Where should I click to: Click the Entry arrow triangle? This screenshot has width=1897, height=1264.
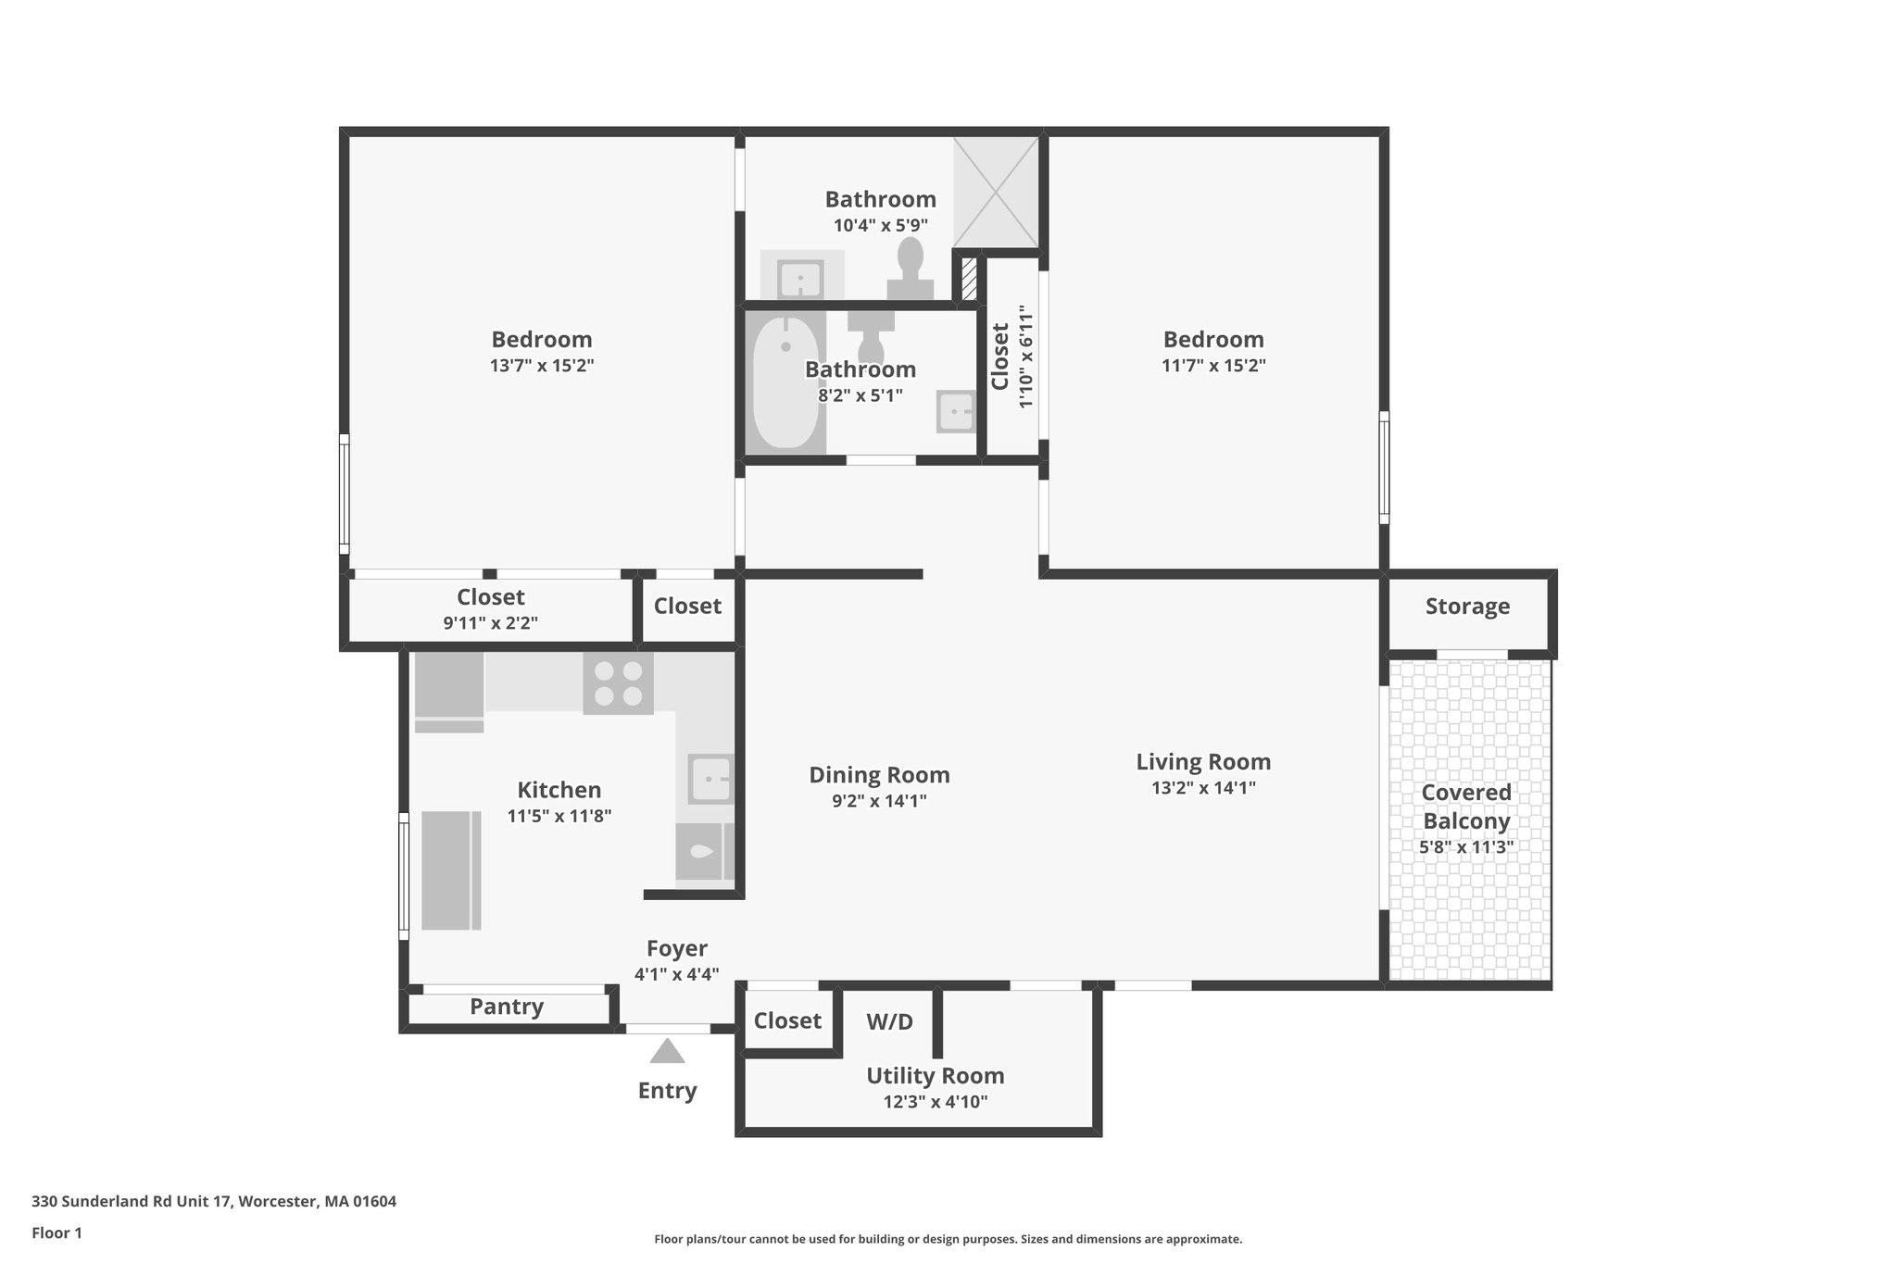(x=667, y=1051)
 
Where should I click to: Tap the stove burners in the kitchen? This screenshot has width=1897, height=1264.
(x=618, y=683)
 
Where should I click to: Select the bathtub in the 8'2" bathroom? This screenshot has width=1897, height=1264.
(x=785, y=382)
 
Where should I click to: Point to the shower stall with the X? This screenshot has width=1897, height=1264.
(x=996, y=192)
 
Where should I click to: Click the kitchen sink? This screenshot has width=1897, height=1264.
(x=710, y=779)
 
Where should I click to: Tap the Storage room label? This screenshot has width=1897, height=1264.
(x=1467, y=607)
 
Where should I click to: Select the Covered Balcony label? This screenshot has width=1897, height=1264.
(x=1466, y=807)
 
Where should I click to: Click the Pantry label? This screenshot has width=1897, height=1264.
(x=507, y=1007)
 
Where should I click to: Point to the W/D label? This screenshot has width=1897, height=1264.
(x=889, y=1022)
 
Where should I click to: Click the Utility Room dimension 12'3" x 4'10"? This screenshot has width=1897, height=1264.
(x=936, y=1102)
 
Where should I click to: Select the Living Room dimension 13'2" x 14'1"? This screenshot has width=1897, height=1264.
(x=1203, y=788)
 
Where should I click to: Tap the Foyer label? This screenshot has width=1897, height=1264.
(x=677, y=948)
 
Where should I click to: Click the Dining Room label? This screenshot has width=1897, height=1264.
(x=879, y=775)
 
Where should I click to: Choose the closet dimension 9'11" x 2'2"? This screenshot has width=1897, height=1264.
(x=490, y=623)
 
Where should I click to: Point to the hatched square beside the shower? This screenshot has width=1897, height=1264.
(x=969, y=279)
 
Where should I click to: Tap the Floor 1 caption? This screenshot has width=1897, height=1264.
(x=57, y=1233)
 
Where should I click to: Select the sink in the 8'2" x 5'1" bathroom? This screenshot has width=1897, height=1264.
(x=957, y=411)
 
